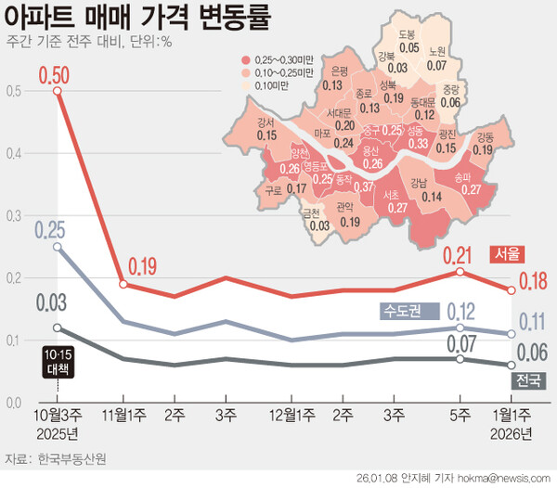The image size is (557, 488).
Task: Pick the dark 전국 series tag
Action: [526, 380]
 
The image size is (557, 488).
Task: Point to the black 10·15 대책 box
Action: [58, 361]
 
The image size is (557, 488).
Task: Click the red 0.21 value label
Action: [458, 253]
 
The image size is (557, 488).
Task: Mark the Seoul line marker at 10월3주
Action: [58, 91]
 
